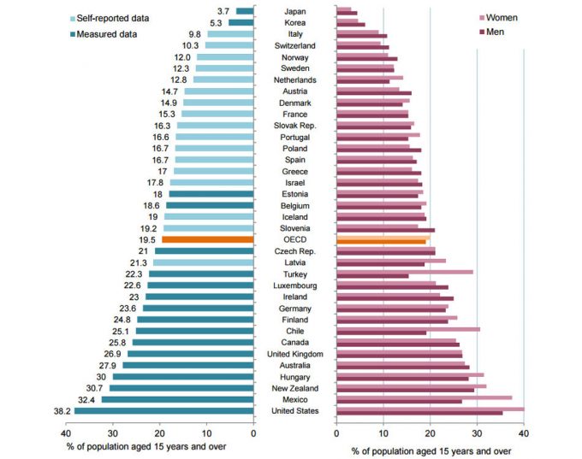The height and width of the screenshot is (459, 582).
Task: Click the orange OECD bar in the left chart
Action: [207, 240]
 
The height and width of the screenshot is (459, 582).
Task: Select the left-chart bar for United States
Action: [163, 411]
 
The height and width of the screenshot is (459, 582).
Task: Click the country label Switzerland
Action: [294, 45]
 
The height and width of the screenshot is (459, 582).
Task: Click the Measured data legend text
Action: [107, 33]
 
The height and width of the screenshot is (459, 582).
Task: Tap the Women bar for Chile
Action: [408, 329]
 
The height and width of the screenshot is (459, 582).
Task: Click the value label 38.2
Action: [61, 411]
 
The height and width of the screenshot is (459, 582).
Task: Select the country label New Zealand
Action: [294, 388]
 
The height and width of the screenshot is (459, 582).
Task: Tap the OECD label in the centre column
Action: [294, 240]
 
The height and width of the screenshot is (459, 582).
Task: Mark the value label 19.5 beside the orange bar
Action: [148, 240]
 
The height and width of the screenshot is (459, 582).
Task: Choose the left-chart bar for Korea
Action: [241, 22]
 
